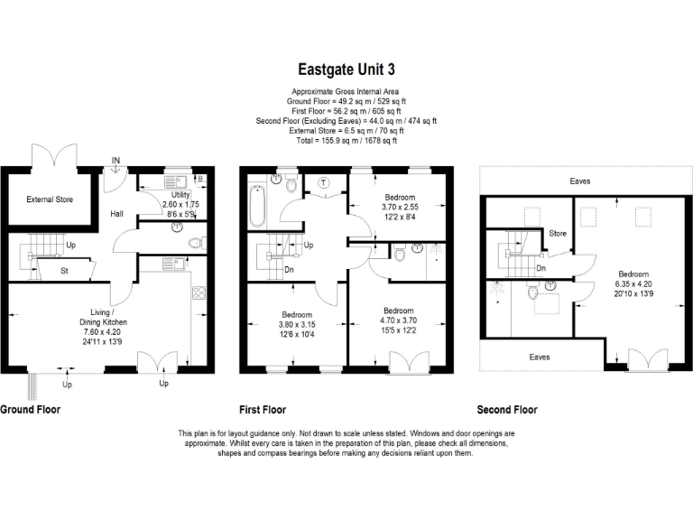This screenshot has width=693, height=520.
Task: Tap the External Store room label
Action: [x=50, y=200]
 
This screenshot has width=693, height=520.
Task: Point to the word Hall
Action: [x=117, y=214]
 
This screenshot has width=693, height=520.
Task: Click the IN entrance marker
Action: [x=115, y=162]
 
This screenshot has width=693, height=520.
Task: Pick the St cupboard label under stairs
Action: [x=64, y=269]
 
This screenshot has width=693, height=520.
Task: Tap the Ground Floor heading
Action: [x=30, y=409]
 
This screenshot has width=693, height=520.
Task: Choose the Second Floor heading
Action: [x=508, y=409]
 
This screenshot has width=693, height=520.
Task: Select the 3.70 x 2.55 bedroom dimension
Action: [x=400, y=207]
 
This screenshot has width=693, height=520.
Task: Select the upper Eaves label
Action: [x=580, y=181]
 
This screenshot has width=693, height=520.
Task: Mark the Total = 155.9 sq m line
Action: [x=346, y=141]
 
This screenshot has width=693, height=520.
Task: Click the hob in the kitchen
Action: [x=199, y=292]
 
